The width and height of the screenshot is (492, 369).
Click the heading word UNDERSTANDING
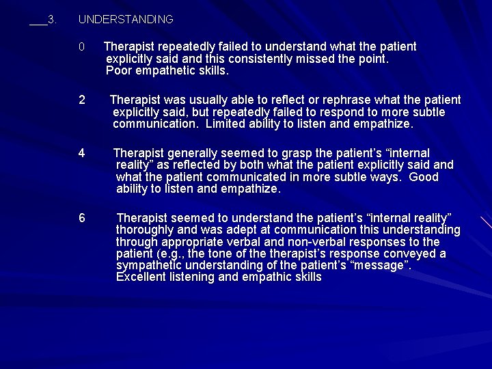point(126,20)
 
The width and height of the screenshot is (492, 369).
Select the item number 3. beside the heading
point(52,20)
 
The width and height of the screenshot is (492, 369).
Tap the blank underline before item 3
point(38,23)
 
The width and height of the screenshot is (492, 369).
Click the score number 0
point(81,47)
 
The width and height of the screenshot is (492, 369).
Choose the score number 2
point(82,100)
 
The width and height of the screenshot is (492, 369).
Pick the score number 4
point(82,153)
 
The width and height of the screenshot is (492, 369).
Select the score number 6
point(82,218)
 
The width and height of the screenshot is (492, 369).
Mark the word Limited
point(225,124)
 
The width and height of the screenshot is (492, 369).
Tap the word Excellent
point(141,277)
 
